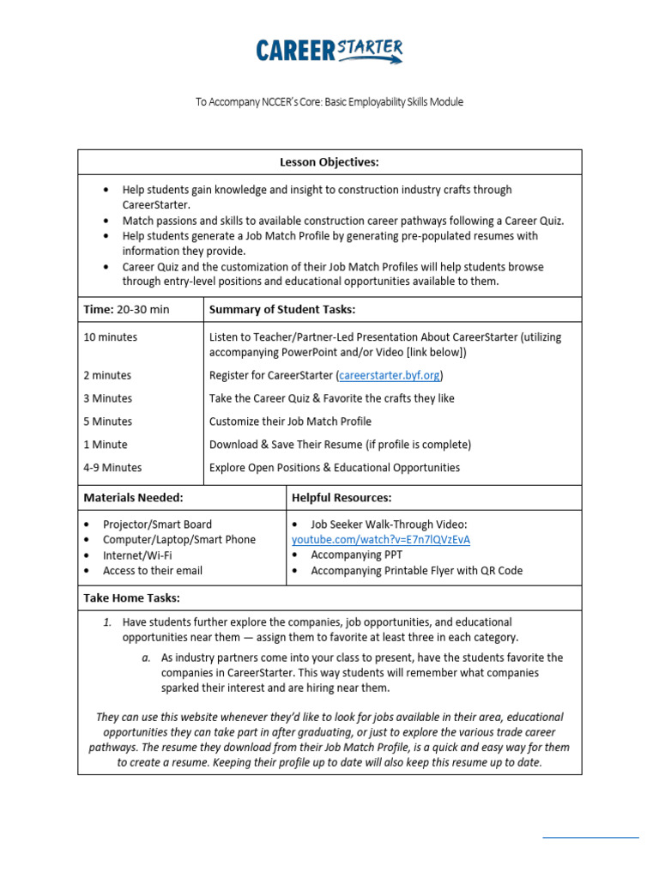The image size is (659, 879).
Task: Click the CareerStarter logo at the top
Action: point(329,51)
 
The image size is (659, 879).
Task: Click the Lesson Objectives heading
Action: point(329,162)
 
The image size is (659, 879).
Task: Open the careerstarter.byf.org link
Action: point(390,375)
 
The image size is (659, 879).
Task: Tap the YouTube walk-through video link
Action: point(380,539)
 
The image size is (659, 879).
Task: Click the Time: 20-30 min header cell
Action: point(126,309)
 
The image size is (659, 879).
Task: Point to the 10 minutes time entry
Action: point(110,337)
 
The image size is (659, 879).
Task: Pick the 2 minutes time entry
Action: point(107,375)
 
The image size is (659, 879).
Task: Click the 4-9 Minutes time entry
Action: point(112,468)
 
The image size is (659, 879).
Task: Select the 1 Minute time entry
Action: point(106,445)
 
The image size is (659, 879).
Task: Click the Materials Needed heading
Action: point(133,497)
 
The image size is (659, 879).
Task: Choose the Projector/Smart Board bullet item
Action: point(157,524)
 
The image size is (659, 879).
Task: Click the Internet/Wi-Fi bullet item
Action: point(137,555)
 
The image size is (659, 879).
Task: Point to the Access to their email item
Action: point(153,570)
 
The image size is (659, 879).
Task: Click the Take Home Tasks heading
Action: point(131,597)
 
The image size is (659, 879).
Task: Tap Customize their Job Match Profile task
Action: point(290,421)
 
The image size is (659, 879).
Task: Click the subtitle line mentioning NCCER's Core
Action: point(329,102)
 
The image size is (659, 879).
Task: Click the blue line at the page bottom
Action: point(590,837)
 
